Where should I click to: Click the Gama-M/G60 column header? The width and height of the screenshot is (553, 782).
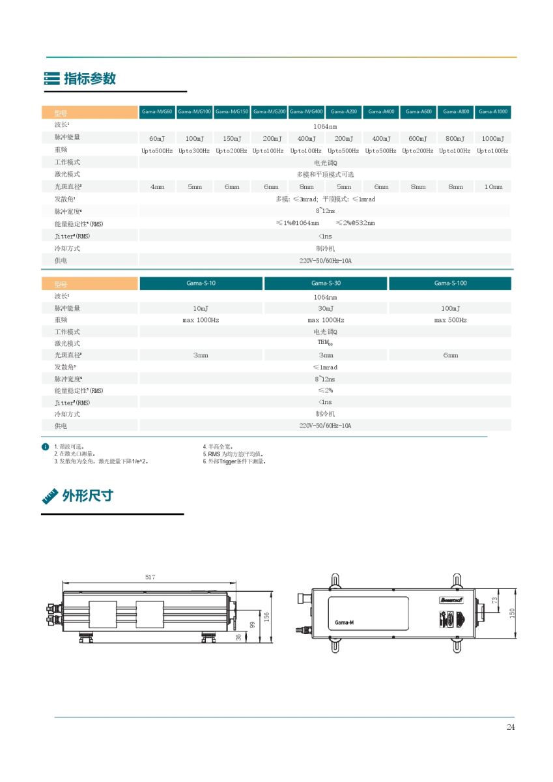(157, 112)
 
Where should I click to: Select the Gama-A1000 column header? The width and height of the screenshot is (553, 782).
(493, 112)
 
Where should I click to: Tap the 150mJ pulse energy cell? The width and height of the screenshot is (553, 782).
(232, 139)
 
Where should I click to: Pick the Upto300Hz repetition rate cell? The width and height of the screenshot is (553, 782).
(194, 151)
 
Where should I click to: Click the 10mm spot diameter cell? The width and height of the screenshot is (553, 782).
(493, 187)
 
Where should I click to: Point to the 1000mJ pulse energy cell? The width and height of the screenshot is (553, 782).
(493, 139)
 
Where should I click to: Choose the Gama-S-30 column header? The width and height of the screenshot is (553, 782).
(326, 283)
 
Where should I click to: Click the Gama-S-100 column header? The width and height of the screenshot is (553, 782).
(450, 283)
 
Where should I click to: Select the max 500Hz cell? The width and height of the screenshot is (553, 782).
(450, 320)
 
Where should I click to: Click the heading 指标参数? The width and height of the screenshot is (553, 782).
(90, 78)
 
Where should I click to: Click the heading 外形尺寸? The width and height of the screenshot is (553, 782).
(87, 495)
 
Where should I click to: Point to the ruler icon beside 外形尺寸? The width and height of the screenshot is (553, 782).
(50, 496)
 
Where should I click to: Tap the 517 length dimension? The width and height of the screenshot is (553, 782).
(150, 577)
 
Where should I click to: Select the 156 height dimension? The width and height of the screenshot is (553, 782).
(266, 616)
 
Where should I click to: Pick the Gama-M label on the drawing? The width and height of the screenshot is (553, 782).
(344, 623)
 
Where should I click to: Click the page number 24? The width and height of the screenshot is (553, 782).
(510, 727)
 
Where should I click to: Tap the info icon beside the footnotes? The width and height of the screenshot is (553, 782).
(45, 447)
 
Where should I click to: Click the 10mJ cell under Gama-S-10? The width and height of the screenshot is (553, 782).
(201, 308)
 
